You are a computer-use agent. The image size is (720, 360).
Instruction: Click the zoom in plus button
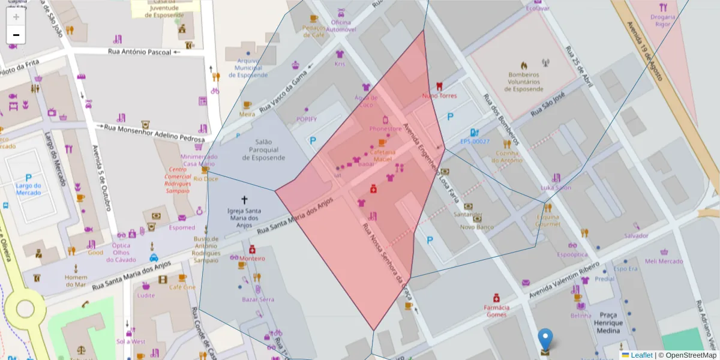[16, 17]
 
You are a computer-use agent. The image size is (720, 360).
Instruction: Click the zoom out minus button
[16, 35]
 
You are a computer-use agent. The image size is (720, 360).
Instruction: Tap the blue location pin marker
[545, 339]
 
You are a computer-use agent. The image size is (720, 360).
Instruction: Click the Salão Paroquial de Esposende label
[264, 149]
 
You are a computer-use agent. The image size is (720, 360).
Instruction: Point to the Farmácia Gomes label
[497, 311]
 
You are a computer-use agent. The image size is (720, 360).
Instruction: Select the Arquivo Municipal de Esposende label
[248, 68]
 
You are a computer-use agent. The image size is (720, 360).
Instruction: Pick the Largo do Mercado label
[28, 189]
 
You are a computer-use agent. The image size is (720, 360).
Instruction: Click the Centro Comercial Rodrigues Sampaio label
[177, 179]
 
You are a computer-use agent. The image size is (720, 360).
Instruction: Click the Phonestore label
[385, 129]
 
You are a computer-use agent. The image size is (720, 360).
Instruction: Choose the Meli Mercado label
[664, 261]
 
